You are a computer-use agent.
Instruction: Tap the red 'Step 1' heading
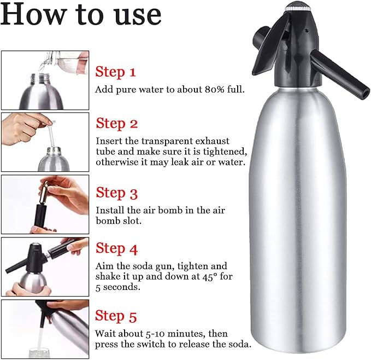click(116, 72)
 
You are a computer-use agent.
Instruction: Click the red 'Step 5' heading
click(116, 316)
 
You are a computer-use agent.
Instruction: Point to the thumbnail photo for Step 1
click(45, 80)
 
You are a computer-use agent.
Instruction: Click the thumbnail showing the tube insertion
click(45, 142)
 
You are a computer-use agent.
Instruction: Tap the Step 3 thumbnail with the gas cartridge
click(45, 204)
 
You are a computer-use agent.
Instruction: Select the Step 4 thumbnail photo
click(45, 266)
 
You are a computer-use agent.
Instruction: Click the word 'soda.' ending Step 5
click(238, 344)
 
